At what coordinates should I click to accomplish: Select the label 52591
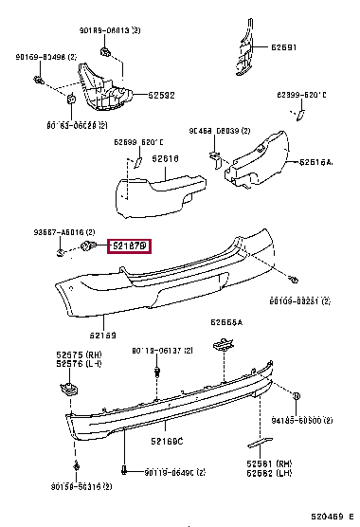click(284, 47)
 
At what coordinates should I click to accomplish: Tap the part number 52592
click(162, 94)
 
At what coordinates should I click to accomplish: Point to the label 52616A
click(316, 162)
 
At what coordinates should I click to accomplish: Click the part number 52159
click(103, 334)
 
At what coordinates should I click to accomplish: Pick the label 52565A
click(226, 321)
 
